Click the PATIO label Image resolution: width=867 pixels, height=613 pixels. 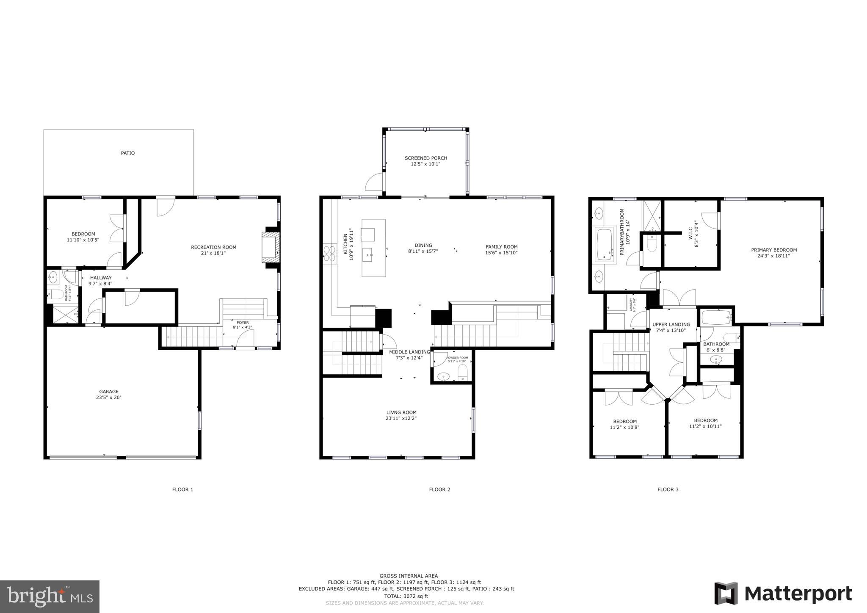coord(127,153)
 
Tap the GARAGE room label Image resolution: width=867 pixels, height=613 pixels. coord(109,392)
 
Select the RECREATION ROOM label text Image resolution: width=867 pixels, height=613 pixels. coord(213,247)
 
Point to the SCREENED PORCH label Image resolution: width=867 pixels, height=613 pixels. coord(425,158)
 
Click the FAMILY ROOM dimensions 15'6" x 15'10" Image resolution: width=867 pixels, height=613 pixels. coord(501,253)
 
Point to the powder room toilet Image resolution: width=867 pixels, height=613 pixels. coord(463,373)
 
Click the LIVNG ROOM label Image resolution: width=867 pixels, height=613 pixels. coord(401,412)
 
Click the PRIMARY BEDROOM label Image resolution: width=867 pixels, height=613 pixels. coord(773,250)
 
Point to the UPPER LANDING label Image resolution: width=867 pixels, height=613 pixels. coord(671,325)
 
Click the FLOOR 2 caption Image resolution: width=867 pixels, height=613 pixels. coord(439,489)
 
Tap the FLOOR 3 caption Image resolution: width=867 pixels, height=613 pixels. coord(668,489)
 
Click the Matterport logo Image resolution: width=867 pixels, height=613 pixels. coord(783,594)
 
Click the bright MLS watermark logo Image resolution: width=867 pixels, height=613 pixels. coord(50,596)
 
